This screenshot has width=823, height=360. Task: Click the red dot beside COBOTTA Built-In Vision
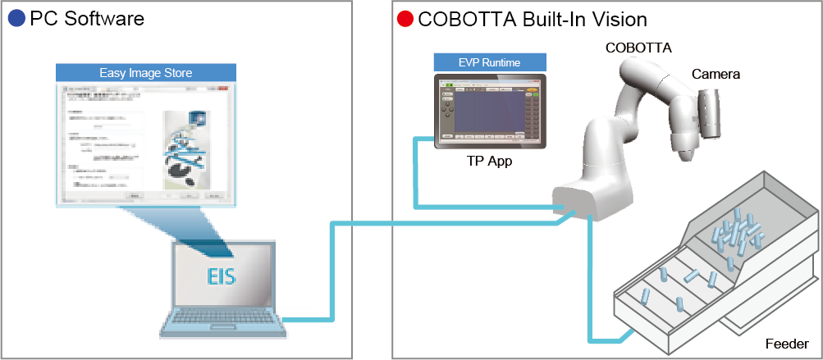(x=404, y=18)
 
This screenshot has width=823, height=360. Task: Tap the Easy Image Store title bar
(x=146, y=73)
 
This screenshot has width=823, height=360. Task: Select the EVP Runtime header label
(x=489, y=62)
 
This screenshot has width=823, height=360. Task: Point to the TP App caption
(x=489, y=162)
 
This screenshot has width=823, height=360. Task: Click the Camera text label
(x=716, y=75)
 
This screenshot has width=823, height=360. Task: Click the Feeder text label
(x=787, y=344)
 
